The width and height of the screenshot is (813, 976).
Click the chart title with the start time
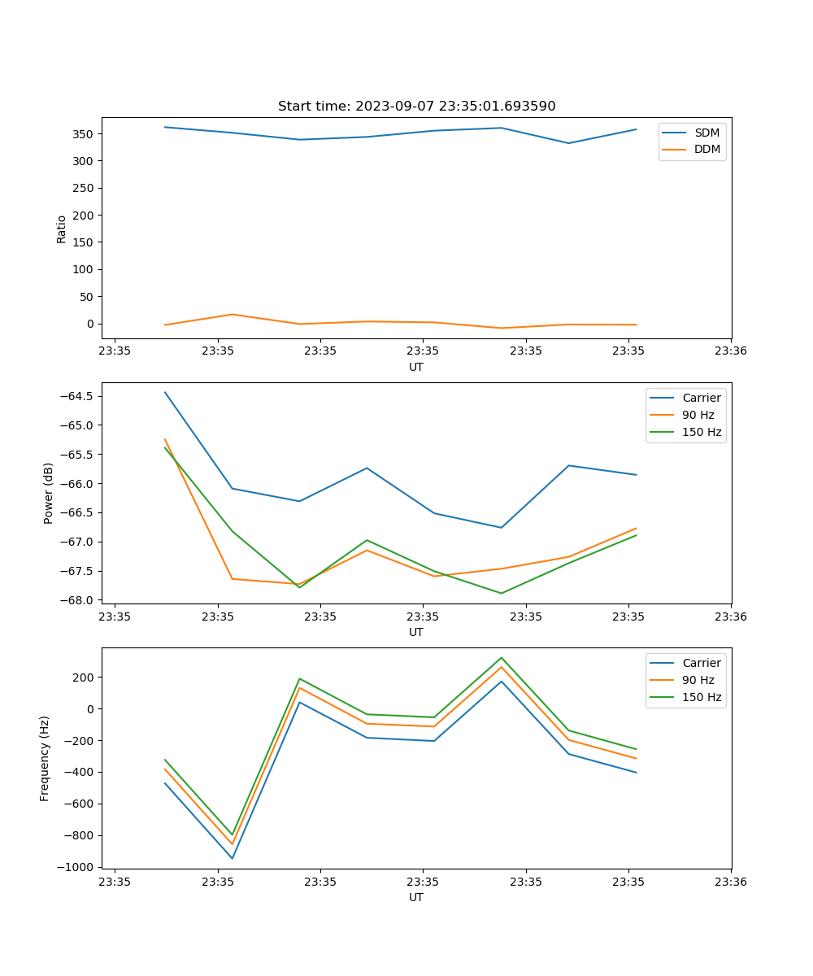pyautogui.click(x=416, y=107)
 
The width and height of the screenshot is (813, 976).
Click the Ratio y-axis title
pyautogui.click(x=62, y=229)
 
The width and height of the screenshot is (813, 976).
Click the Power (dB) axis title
pyautogui.click(x=49, y=493)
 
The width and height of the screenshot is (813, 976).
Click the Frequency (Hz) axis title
pyautogui.click(x=45, y=758)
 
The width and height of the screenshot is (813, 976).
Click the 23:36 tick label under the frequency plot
pyautogui.click(x=731, y=882)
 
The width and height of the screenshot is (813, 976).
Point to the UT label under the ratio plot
pyautogui.click(x=416, y=367)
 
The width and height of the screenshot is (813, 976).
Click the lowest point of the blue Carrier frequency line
pyautogui.click(x=233, y=858)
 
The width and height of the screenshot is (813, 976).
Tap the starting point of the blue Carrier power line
pyautogui.click(x=165, y=392)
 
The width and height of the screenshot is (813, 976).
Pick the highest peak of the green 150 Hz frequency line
pyautogui.click(x=502, y=657)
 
